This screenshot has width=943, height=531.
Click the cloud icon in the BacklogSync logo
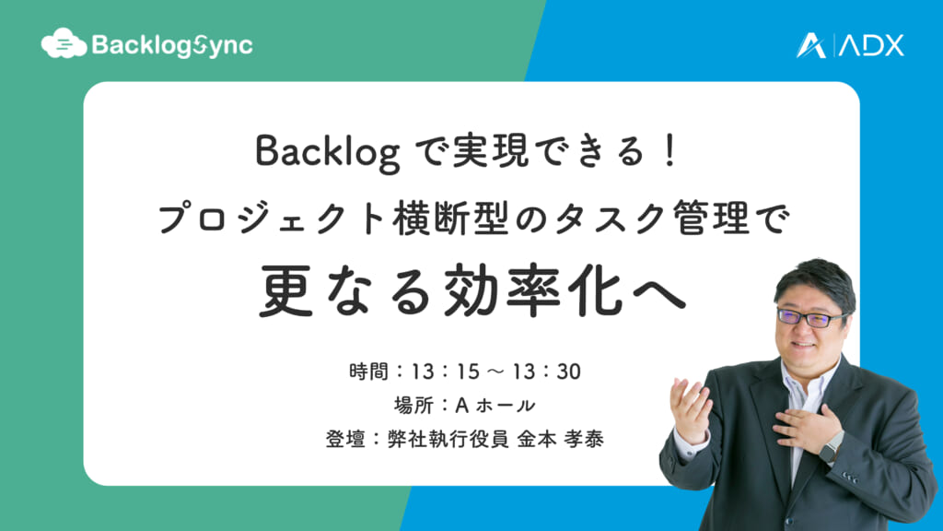64,43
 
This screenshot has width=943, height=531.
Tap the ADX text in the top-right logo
872,46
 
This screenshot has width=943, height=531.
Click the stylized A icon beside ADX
811,46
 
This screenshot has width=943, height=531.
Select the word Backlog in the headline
328,153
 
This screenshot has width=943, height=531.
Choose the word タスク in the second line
608,218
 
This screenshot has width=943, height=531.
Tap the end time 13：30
547,372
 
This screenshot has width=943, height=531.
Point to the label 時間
368,372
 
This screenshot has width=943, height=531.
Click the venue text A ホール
495,406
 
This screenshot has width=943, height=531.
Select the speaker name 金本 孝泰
561,439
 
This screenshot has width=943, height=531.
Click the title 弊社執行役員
448,439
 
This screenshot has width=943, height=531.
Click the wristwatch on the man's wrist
832,446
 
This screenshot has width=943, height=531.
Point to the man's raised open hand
692,410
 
